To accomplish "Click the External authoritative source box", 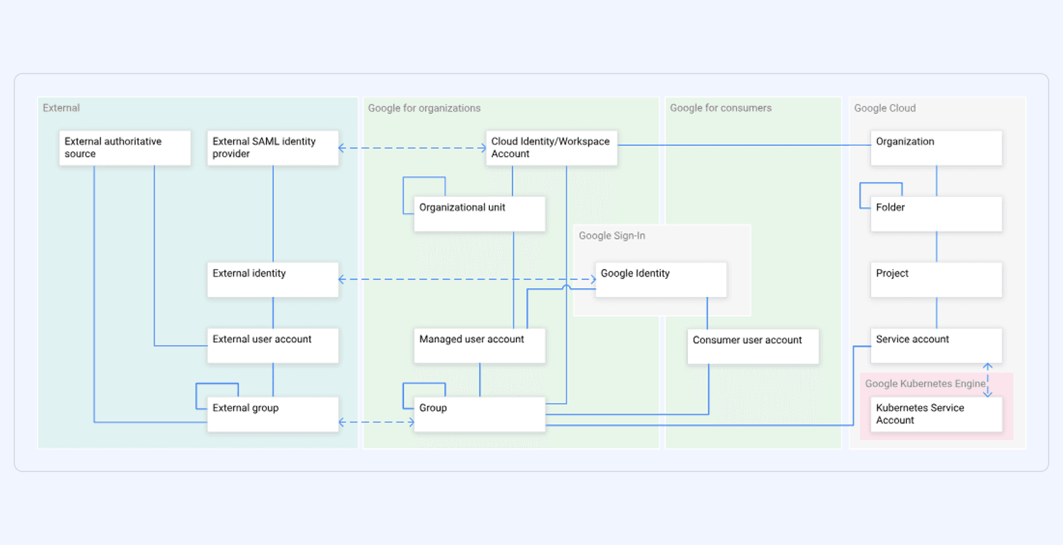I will point(125,148).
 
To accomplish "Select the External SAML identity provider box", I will point(273,148).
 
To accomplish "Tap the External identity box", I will point(273,279).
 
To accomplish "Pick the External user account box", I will point(273,345).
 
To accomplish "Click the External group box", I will point(273,414).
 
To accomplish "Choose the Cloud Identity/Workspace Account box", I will point(551,148).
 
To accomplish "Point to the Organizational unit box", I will point(480,214).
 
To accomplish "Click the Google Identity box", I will point(661,279).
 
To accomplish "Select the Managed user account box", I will point(480,345).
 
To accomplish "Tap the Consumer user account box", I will point(753,346).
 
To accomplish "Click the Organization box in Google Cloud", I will point(936,148).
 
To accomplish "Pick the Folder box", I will point(936,214).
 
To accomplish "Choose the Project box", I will point(936,279).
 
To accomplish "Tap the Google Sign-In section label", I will point(612,236).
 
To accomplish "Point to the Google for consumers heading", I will point(720,108).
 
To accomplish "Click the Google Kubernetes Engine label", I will point(925,384).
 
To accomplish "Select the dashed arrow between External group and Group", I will point(376,422).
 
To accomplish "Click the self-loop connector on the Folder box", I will point(880,184).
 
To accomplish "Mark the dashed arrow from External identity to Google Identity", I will point(467,279).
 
